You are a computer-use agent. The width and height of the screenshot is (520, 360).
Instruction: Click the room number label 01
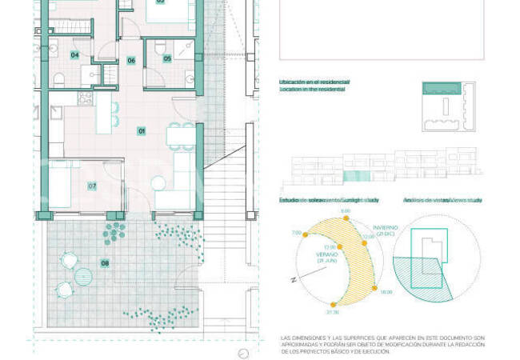click(x=142, y=130)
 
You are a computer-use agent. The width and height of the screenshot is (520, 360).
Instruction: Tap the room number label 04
click(x=74, y=54)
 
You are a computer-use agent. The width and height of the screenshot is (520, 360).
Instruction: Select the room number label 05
click(x=167, y=58)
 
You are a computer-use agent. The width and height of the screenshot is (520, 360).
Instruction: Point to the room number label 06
click(x=131, y=61)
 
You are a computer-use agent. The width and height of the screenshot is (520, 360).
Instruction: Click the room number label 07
click(x=92, y=186)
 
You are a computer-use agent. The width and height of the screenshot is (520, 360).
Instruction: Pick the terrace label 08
click(x=104, y=262)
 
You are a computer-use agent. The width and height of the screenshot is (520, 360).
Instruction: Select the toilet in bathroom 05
click(x=159, y=46)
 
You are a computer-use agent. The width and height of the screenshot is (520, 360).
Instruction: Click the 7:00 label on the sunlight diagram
click(x=296, y=233)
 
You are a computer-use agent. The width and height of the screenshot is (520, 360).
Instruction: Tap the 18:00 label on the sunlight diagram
click(x=386, y=292)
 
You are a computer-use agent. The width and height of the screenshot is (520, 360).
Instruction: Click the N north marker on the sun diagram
click(x=295, y=279)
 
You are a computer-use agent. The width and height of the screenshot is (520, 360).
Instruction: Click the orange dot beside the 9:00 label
click(x=345, y=221)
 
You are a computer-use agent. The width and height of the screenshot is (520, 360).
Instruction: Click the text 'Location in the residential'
click(x=312, y=90)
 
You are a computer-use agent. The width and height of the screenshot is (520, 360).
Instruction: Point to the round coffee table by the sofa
click(x=158, y=183)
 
